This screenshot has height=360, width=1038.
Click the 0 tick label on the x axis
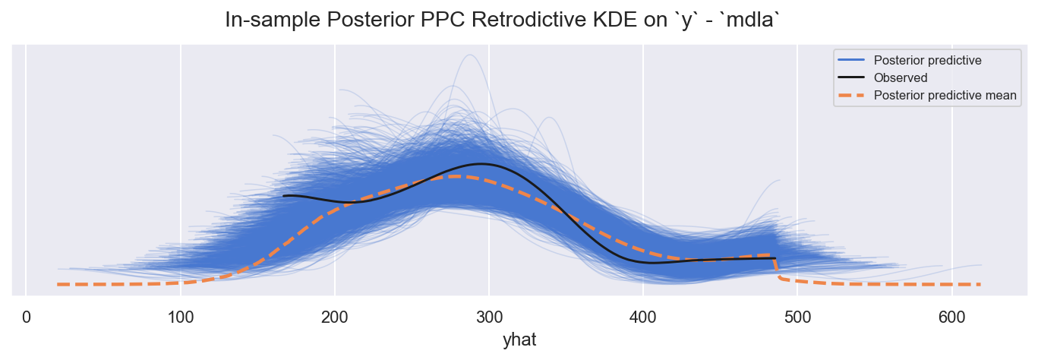click(x=27, y=315)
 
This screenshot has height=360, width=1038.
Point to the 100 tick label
click(x=180, y=315)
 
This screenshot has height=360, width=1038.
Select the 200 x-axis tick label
click(x=334, y=315)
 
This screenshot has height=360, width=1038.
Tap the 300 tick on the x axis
click(x=488, y=315)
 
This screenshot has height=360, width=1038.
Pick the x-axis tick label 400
click(x=642, y=315)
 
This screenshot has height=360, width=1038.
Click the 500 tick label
click(x=797, y=315)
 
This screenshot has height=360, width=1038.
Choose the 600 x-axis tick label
click(x=951, y=315)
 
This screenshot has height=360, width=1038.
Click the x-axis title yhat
click(x=519, y=339)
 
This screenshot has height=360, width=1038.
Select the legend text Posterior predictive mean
click(x=945, y=95)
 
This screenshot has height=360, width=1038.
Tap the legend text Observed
click(x=901, y=77)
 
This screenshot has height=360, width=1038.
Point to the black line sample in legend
click(x=853, y=77)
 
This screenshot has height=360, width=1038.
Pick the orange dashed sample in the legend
click(x=853, y=95)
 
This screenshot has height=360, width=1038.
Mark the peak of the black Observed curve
click(x=481, y=163)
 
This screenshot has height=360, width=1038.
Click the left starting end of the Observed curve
click(x=283, y=196)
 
